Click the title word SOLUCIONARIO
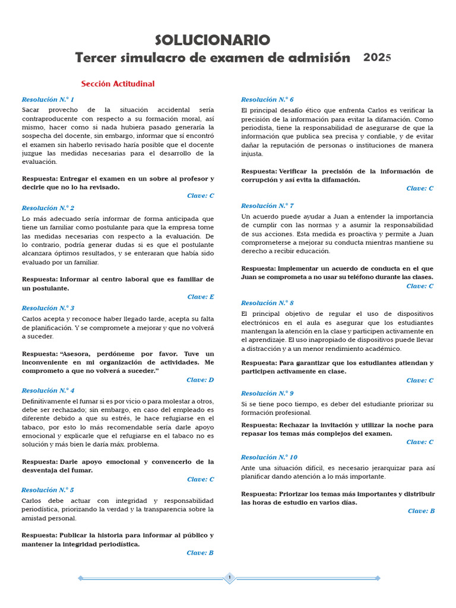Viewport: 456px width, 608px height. pyautogui.click(x=212, y=40)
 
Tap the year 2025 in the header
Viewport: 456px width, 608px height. pyautogui.click(x=377, y=58)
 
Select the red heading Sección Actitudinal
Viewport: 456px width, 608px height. pyautogui.click(x=118, y=84)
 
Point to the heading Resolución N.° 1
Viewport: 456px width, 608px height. pyautogui.click(x=48, y=99)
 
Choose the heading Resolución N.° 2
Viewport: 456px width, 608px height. pyautogui.click(x=48, y=208)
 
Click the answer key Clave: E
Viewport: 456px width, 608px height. pyautogui.click(x=201, y=296)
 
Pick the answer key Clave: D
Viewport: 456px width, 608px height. pyautogui.click(x=200, y=379)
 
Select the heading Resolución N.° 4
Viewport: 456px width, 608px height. pyautogui.click(x=48, y=390)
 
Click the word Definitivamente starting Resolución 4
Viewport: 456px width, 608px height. pyautogui.click(x=50, y=401)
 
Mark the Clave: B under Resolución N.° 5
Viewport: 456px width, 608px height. pyautogui.click(x=200, y=552)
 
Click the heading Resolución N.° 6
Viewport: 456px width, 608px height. pyautogui.click(x=267, y=99)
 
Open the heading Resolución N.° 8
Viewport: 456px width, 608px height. pyautogui.click(x=267, y=302)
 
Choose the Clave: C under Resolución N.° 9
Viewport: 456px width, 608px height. pyautogui.click(x=420, y=442)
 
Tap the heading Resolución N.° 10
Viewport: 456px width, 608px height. pyautogui.click(x=269, y=457)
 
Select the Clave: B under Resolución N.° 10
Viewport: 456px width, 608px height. pyautogui.click(x=421, y=511)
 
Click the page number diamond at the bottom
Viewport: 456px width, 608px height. pyautogui.click(x=229, y=578)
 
